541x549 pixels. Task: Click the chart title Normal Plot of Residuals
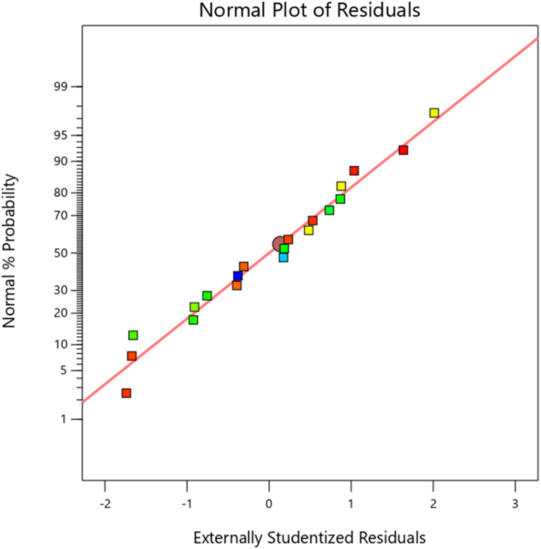310,10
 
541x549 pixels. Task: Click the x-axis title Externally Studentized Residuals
310,538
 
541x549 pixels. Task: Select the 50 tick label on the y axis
64,254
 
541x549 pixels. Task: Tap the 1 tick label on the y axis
68,419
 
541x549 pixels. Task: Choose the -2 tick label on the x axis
104,504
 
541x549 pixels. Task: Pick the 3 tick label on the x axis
515,504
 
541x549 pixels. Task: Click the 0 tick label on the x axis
269,504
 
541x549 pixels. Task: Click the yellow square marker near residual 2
434,113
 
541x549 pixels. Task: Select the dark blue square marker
238,276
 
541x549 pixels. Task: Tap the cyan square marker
284,258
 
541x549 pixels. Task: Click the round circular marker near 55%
280,245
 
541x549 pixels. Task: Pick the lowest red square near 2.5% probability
126,393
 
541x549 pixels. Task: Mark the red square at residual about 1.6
403,150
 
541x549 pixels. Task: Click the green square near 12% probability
133,336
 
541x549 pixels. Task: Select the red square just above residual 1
355,171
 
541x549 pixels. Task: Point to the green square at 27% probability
207,296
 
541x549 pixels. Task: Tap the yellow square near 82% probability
341,186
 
